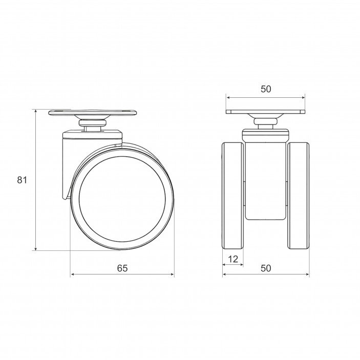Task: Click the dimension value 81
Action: pyautogui.click(x=22, y=180)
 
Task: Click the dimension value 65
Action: pyautogui.click(x=122, y=268)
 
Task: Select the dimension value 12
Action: pyautogui.click(x=233, y=259)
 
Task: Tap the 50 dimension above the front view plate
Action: pyautogui.click(x=266, y=89)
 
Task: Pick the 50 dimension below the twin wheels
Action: pyautogui.click(x=266, y=268)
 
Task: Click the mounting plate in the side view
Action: pyautogui.click(x=93, y=113)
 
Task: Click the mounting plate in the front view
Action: pyautogui.click(x=266, y=112)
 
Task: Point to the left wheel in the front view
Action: pyautogui.click(x=233, y=196)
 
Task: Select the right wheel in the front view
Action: pyautogui.click(x=298, y=196)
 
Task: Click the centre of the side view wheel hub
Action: pyautogui.click(x=122, y=199)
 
